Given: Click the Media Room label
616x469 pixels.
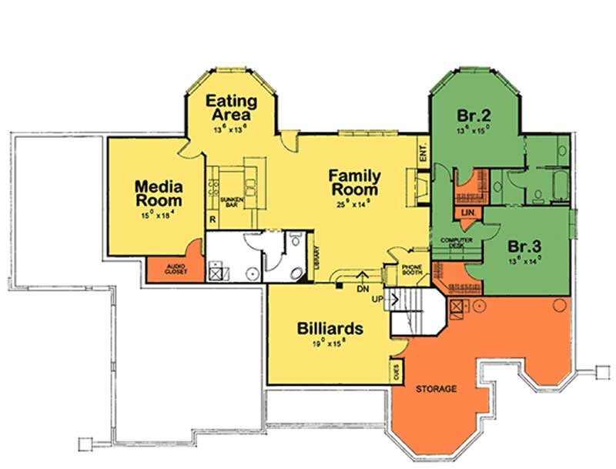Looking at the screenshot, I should [x=158, y=193].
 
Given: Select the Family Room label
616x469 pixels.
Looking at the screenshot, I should [x=355, y=183].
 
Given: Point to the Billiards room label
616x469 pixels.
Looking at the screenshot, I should [x=330, y=328].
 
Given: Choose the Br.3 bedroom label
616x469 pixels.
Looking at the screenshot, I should [x=525, y=248].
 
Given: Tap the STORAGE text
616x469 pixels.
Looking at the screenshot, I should [x=437, y=389].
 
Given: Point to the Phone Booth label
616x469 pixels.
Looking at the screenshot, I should [x=410, y=270].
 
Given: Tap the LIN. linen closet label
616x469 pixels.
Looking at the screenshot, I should [x=467, y=213].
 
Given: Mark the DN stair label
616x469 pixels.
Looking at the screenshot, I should [x=363, y=290].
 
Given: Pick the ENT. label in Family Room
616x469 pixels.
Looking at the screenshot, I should [x=423, y=153].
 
